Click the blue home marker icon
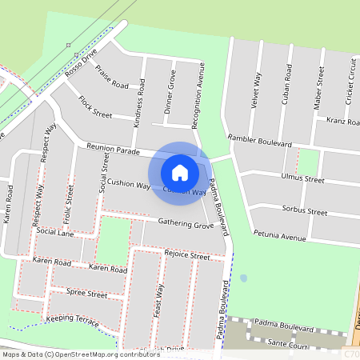coord(180,172)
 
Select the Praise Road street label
coord(111,78)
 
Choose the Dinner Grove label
coord(170,91)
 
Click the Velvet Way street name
coord(256,90)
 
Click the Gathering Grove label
coord(186,224)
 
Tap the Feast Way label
coord(159,302)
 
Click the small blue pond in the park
coord(243,278)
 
